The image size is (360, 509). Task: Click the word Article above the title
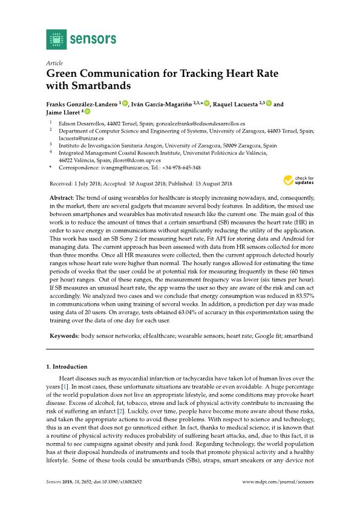pos(55,62)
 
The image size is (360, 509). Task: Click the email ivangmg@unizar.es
pos(114,168)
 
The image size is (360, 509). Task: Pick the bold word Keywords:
pos(64,335)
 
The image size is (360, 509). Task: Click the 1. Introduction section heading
pos(67,367)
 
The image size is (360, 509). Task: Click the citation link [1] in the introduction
pos(65,386)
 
